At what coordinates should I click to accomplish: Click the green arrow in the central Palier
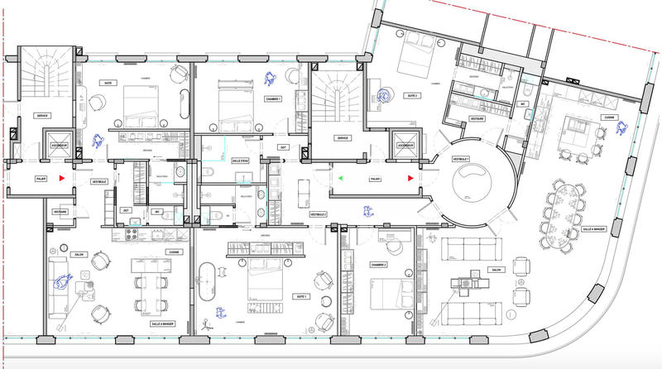(x=340, y=178)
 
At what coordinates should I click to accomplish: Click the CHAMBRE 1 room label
(x=273, y=99)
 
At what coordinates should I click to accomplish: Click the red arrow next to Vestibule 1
(x=408, y=178)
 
